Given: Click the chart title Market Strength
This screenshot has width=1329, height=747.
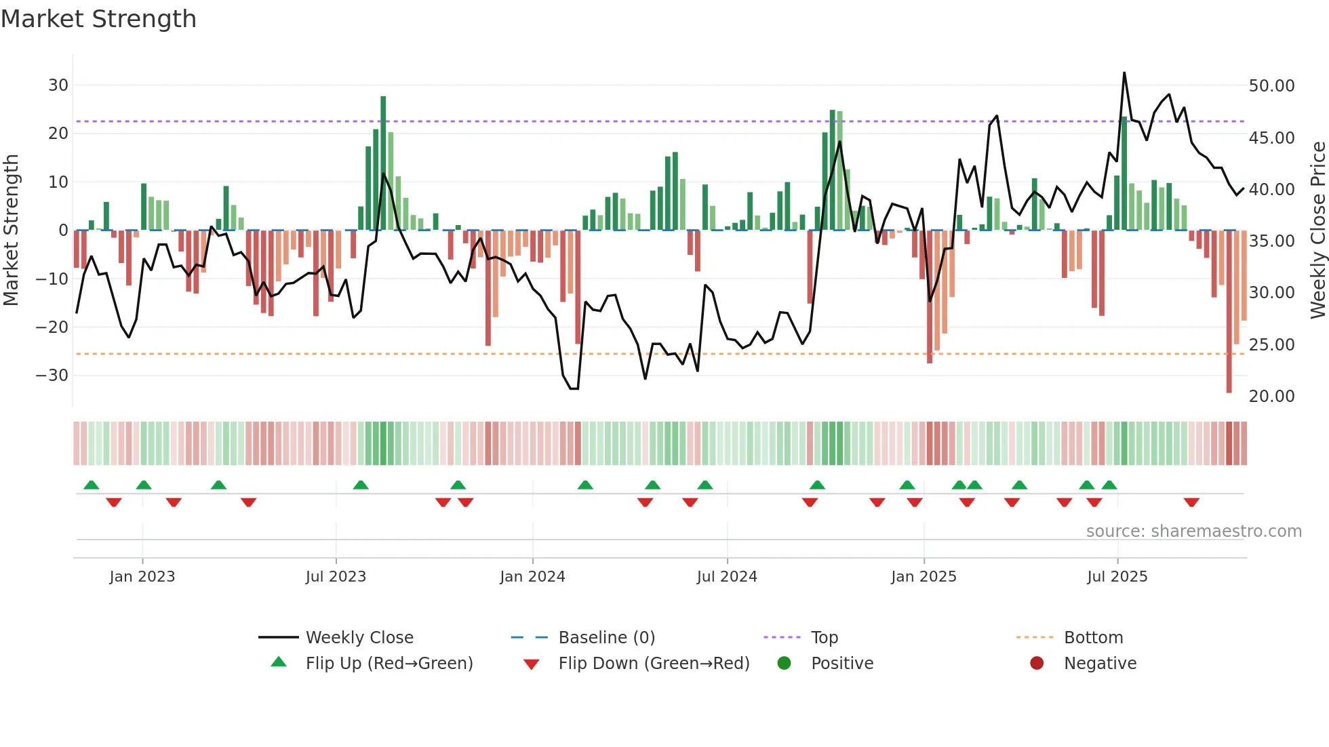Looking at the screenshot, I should [98, 19].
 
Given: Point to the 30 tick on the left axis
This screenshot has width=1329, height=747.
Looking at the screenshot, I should [58, 85].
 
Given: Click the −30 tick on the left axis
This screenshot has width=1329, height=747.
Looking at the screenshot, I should [52, 376].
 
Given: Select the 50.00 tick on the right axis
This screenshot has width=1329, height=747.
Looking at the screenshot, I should [1271, 86].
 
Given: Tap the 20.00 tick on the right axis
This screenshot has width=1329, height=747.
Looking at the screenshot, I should [1271, 397].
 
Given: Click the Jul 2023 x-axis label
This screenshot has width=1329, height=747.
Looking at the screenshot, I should [336, 577].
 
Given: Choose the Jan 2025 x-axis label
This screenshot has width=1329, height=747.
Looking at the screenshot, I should [924, 577].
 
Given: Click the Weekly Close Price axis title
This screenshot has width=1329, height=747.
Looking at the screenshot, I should [1317, 230].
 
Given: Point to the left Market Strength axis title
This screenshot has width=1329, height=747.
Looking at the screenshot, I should [12, 230].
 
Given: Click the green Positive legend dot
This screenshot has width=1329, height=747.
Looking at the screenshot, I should [785, 664].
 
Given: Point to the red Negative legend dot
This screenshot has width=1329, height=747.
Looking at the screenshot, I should [1037, 664].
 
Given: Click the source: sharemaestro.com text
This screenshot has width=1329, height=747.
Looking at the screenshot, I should [1193, 531].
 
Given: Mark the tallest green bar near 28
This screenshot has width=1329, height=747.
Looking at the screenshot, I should [383, 163].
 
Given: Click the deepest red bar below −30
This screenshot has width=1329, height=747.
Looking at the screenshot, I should [1229, 312].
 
